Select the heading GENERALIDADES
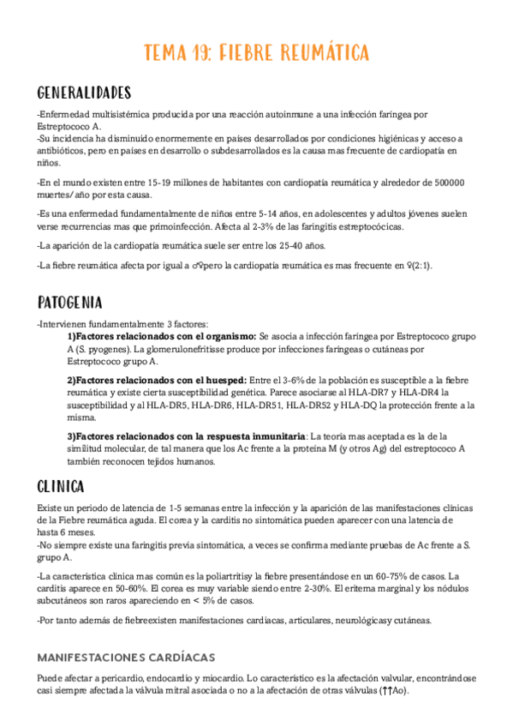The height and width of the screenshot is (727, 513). pos(84,93)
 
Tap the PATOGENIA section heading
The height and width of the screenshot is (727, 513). pos(70,303)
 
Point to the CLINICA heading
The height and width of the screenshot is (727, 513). pos(61,487)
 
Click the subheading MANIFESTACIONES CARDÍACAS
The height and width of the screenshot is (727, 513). pos(126,658)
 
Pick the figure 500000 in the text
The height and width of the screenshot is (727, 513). pos(444,183)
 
